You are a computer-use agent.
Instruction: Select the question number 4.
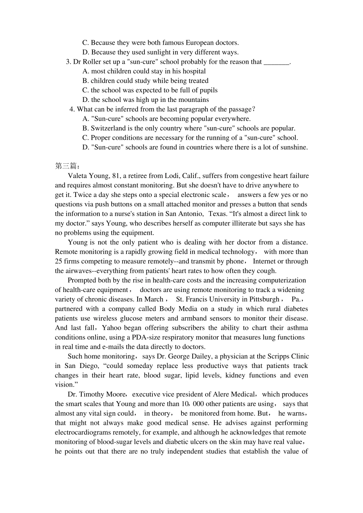pos(72,109)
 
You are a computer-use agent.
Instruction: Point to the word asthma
pos(297,328)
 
